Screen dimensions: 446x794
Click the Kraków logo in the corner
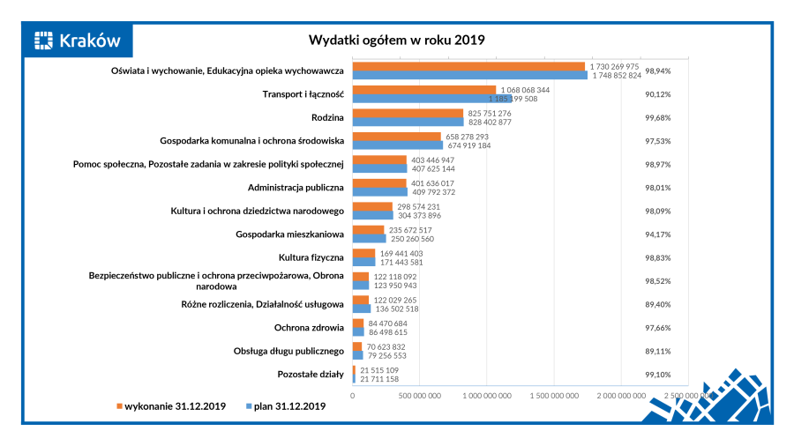tap(77, 40)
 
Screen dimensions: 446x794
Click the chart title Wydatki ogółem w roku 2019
tap(396, 40)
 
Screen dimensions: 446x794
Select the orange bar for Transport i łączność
tap(424, 90)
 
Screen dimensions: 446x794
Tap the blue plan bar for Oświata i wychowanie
tap(469, 76)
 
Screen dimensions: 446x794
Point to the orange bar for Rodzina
tap(408, 113)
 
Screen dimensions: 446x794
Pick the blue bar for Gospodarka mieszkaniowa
tap(369, 239)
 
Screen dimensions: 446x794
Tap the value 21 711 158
tap(381, 379)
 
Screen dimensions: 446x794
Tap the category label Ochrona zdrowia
tap(308, 328)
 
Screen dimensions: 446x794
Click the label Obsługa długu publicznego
tap(290, 351)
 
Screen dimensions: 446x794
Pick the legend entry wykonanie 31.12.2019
tap(171, 406)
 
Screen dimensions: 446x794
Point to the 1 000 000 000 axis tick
tap(488, 396)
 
